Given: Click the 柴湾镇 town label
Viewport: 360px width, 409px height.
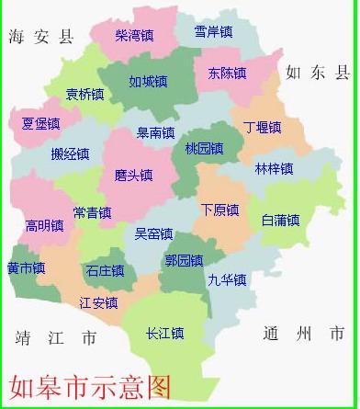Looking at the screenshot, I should (x=134, y=36).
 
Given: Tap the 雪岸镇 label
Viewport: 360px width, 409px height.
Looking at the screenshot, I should (x=213, y=32).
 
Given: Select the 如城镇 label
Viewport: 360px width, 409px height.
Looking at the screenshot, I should (x=148, y=82).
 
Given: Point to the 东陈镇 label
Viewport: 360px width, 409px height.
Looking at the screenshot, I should (x=227, y=73).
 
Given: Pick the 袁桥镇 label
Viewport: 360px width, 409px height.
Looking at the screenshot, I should (x=85, y=94).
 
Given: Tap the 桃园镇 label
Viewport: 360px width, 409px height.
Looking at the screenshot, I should (x=204, y=148).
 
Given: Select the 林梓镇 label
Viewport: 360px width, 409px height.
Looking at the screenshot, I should (x=274, y=169).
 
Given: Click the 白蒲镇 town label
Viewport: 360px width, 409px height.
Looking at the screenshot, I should (x=280, y=221).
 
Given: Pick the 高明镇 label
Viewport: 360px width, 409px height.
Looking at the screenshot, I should (x=45, y=225).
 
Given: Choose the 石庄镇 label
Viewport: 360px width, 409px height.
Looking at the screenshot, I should (x=106, y=271).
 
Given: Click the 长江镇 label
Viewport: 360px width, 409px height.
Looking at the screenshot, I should (x=165, y=334).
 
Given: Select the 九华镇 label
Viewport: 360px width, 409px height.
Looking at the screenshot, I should (x=227, y=280).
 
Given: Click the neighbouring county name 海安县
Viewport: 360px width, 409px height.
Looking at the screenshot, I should (x=39, y=38).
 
